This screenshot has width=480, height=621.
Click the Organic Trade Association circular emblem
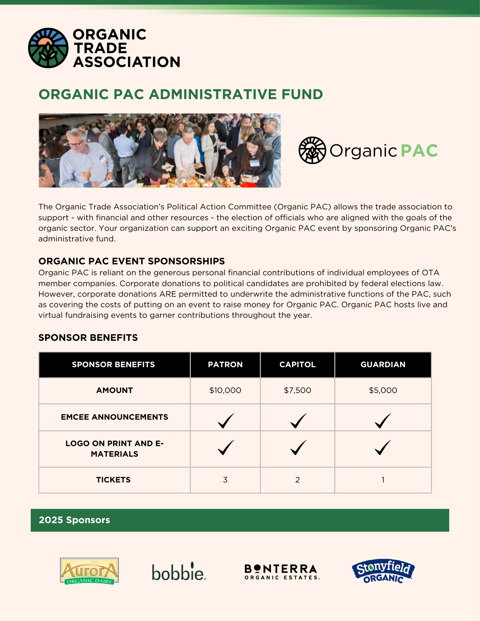(48, 48)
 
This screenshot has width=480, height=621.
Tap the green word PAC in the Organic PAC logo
(419, 151)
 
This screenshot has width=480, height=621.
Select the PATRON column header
(225, 365)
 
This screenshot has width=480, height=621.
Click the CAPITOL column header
(297, 365)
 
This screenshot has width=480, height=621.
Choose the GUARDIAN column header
(383, 365)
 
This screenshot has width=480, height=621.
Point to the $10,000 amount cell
(225, 390)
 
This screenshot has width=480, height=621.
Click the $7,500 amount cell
(297, 390)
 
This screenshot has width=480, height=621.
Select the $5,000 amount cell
(383, 390)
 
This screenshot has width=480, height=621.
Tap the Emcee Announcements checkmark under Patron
(226, 421)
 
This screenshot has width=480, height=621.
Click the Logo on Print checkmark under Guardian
(383, 447)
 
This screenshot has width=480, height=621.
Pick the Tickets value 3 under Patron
(225, 480)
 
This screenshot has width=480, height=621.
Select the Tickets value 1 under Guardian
(383, 480)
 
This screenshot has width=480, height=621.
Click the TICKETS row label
(113, 480)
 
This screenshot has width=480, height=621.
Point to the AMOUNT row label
(114, 390)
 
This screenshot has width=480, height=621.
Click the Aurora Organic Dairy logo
(89, 571)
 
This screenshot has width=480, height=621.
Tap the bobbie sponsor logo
(179, 572)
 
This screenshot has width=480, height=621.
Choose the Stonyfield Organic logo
(383, 571)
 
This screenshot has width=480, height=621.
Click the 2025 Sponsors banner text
(74, 520)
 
